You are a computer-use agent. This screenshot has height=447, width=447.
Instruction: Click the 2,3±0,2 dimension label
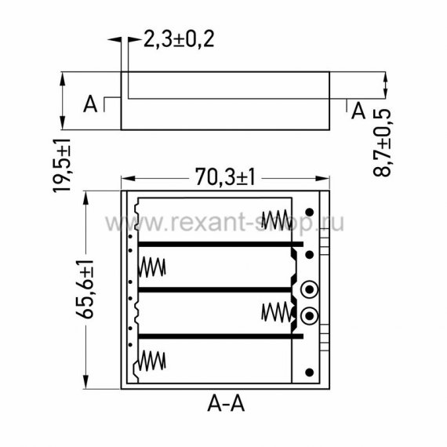[x=179, y=39]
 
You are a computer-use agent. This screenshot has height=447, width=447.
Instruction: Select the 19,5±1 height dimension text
[x=62, y=165]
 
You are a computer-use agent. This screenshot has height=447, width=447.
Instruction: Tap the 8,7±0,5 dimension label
[x=382, y=143]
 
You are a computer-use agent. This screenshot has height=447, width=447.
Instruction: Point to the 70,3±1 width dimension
[x=225, y=177]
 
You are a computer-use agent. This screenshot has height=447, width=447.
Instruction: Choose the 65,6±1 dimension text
[x=85, y=289]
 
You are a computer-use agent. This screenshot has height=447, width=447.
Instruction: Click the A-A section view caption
[x=226, y=404]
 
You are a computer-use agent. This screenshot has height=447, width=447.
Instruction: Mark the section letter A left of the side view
[x=90, y=104]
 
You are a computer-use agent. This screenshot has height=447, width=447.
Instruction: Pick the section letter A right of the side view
[x=358, y=111]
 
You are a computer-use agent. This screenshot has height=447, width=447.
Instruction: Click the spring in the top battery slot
[x=276, y=220]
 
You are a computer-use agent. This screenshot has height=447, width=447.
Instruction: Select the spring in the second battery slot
[x=152, y=267]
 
